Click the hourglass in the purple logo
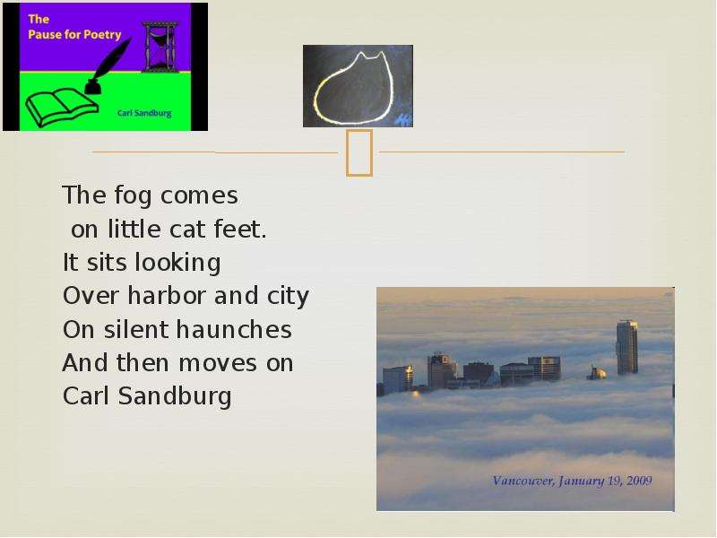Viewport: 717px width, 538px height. [160, 47]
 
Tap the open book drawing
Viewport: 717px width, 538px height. [62, 108]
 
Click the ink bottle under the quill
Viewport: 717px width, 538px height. [93, 87]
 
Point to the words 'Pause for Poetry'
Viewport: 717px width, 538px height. [74, 35]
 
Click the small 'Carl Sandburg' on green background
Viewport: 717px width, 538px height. [144, 113]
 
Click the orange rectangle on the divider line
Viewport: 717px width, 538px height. [359, 152]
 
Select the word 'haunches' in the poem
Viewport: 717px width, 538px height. [234, 329]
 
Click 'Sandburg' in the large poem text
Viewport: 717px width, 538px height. [175, 396]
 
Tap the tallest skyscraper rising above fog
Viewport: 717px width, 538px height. [626, 348]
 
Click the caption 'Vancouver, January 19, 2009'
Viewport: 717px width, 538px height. [572, 481]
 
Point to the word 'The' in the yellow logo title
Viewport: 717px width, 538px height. [39, 19]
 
